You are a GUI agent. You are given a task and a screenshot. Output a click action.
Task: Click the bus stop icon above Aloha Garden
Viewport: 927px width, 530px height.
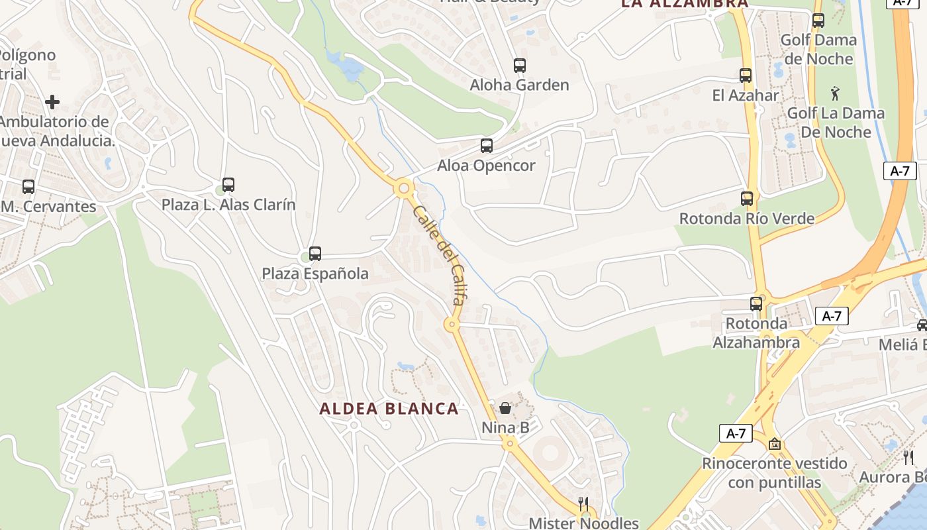tap(520, 66)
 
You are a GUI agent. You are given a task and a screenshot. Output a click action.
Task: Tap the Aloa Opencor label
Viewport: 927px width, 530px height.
tap(486, 166)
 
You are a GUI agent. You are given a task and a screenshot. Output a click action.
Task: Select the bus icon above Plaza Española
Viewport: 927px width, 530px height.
tap(315, 253)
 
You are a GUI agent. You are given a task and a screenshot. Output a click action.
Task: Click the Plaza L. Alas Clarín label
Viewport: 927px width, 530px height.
tap(228, 205)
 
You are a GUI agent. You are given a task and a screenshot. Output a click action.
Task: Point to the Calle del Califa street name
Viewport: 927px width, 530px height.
tap(438, 255)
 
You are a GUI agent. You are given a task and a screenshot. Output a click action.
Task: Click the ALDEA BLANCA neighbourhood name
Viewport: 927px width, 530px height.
tap(389, 409)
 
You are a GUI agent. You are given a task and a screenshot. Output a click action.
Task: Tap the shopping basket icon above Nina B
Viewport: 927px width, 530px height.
tap(505, 408)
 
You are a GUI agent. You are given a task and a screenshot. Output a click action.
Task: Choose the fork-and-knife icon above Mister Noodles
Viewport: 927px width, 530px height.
tap(583, 504)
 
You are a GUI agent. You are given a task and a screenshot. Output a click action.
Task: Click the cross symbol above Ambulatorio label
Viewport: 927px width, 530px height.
tap(52, 101)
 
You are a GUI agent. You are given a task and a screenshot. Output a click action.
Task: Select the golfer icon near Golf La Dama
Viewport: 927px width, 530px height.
tap(835, 93)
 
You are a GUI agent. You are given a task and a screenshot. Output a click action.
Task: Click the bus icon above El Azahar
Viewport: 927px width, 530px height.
tap(746, 76)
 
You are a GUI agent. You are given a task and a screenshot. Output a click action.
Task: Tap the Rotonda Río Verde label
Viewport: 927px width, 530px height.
tap(747, 219)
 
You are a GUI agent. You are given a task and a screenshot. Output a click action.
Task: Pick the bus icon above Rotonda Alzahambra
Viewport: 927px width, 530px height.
tap(756, 304)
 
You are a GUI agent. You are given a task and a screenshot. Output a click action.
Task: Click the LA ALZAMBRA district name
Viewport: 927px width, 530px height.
tap(685, 3)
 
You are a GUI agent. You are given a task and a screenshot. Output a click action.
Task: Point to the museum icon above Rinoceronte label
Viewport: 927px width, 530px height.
tap(775, 444)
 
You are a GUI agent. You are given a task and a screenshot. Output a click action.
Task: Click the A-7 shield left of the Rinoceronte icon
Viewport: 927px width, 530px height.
tap(736, 434)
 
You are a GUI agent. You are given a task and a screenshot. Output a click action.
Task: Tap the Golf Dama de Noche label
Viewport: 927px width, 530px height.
tap(818, 49)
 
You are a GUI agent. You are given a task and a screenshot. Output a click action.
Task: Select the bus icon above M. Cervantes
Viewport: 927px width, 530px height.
tap(28, 187)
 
